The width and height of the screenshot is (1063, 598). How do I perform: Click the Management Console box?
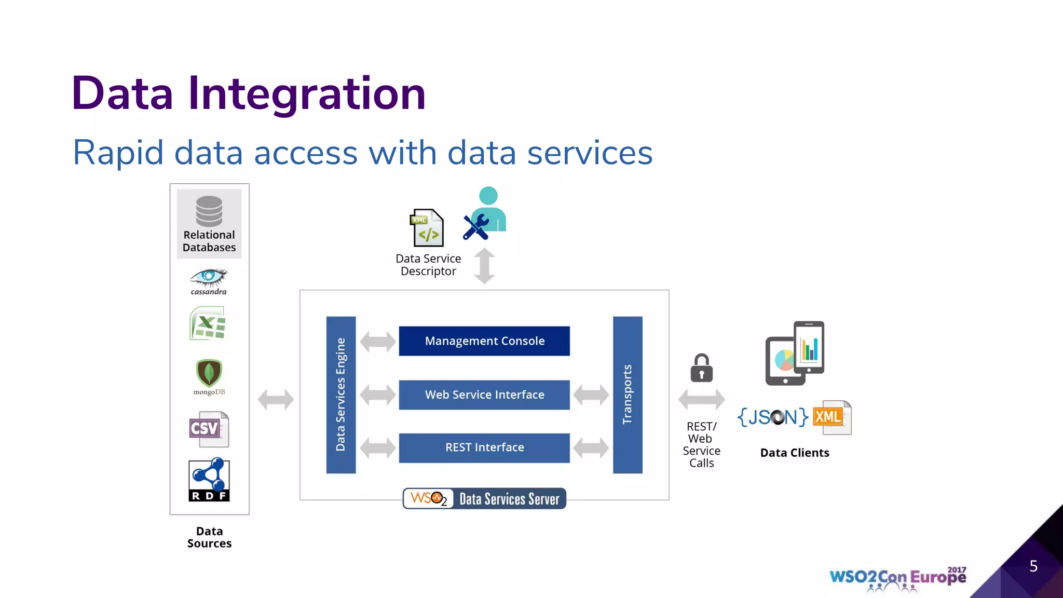(484, 341)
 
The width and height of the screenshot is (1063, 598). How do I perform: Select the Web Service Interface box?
(484, 395)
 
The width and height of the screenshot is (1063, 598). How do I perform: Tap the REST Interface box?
(484, 447)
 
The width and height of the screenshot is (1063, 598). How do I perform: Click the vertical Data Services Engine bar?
(340, 395)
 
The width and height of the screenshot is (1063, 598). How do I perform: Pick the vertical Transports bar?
(627, 395)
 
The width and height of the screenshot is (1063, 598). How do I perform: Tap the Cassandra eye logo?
(209, 278)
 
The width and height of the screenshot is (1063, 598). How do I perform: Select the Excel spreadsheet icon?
(208, 323)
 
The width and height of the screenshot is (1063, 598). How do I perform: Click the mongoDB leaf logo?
(209, 372)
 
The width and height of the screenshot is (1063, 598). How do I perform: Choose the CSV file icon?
(209, 429)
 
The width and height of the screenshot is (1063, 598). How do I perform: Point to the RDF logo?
(209, 480)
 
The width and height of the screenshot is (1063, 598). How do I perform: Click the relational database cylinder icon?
(209, 211)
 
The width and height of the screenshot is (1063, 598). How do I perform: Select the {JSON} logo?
(773, 417)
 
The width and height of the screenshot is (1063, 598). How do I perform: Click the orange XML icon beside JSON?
(832, 417)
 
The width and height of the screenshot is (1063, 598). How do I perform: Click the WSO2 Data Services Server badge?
(484, 499)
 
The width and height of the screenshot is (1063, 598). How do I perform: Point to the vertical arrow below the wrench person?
(484, 266)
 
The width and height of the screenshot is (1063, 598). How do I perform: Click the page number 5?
(1033, 566)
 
